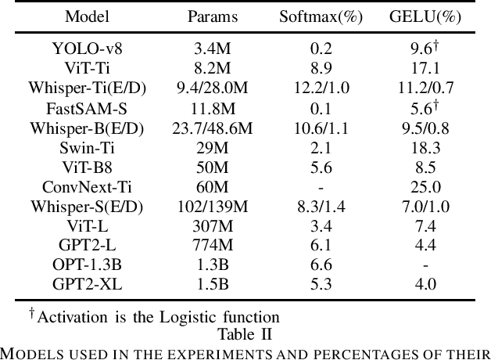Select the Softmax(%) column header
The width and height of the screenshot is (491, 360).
(321, 16)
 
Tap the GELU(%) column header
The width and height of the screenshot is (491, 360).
(425, 16)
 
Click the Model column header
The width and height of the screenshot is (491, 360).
(87, 16)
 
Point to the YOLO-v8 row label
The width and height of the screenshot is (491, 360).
(87, 49)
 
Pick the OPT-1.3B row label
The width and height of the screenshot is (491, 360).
(87, 265)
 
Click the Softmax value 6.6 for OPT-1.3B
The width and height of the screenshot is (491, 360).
(321, 265)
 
